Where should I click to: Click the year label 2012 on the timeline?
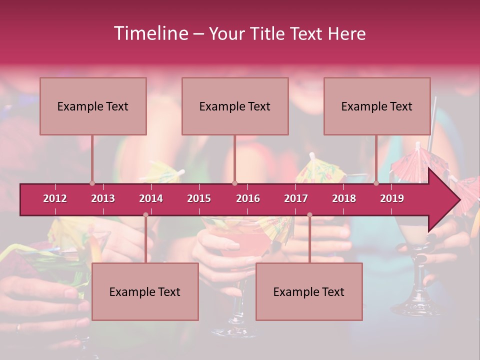55,198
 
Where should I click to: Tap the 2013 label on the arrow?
103,198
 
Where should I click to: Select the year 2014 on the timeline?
151,198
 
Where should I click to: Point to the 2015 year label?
199,198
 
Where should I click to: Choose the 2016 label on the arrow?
248,198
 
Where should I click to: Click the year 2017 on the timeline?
296,198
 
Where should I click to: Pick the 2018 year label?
344,198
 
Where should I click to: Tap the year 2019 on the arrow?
392,198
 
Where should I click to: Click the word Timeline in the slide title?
150,33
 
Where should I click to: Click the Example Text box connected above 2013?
93,106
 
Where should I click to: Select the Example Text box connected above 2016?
235,106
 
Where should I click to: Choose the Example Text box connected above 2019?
377,106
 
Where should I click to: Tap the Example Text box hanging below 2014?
145,291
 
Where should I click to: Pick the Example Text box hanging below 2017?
309,291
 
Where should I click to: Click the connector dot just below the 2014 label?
145,214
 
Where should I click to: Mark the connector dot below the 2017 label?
309,214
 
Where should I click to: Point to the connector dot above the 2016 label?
234,183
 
